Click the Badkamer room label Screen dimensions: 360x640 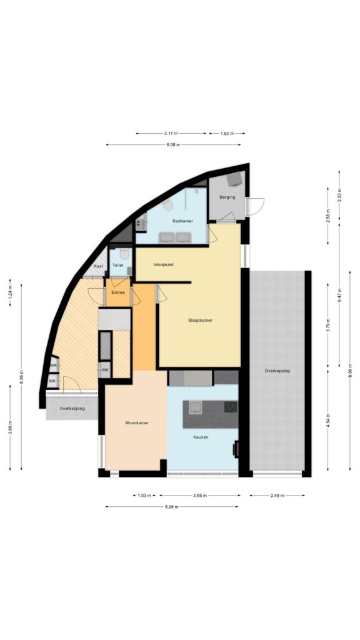click(x=182, y=221)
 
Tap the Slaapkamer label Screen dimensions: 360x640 click(x=200, y=321)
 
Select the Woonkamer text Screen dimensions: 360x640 click(x=137, y=423)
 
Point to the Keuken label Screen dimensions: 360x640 click(x=201, y=437)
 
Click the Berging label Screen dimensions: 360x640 click(x=227, y=197)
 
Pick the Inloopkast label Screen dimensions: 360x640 click(x=164, y=264)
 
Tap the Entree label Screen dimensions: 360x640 click(x=118, y=292)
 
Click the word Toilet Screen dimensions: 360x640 click(x=118, y=265)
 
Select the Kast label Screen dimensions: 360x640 click(x=98, y=266)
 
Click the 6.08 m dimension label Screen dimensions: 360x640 click(x=173, y=144)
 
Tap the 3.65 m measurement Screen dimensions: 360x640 click(x=199, y=496)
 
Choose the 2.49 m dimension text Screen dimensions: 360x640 click(x=277, y=496)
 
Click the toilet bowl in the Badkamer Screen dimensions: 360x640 click(x=167, y=205)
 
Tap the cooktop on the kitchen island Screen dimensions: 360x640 click(x=230, y=406)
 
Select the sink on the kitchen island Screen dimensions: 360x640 click(x=195, y=406)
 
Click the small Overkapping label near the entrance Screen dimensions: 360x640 click(x=72, y=408)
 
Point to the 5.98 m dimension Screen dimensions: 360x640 click(x=171, y=507)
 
